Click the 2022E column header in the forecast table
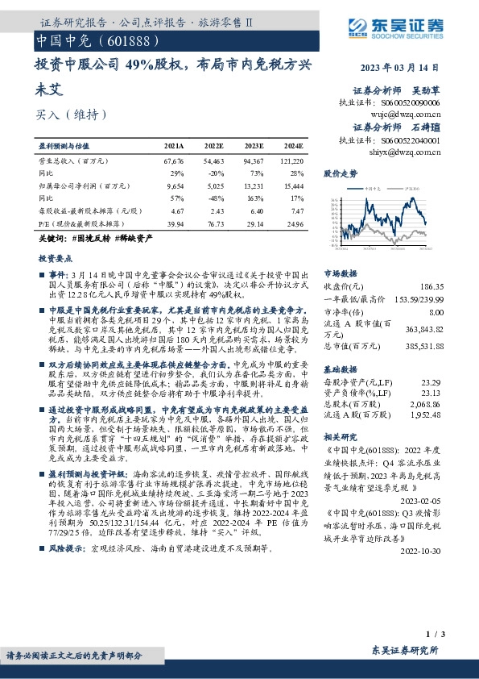[x=213, y=145]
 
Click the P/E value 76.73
[x=213, y=222]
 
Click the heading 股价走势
[x=341, y=173]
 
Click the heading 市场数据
[x=341, y=273]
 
